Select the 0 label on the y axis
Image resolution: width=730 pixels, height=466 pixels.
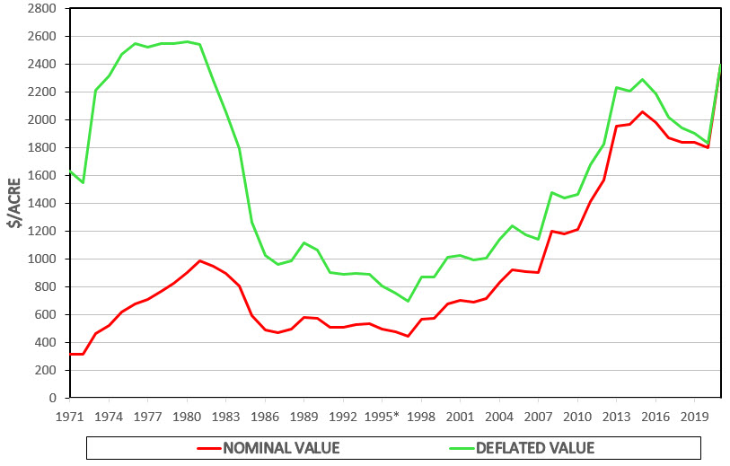point(55,398)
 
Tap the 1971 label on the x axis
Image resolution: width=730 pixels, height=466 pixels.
point(70,417)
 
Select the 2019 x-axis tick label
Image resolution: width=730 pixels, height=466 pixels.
point(695,417)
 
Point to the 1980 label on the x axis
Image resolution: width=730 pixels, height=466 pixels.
point(187,417)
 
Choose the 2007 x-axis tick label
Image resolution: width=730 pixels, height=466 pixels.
point(539,417)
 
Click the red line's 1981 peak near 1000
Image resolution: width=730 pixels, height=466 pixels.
point(200,261)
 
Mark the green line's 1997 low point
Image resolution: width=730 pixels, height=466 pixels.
point(409,301)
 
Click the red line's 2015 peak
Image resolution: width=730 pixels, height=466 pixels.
point(642,112)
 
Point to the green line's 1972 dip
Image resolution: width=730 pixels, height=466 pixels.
point(83,182)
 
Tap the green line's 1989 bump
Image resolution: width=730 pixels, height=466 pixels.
point(304,242)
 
